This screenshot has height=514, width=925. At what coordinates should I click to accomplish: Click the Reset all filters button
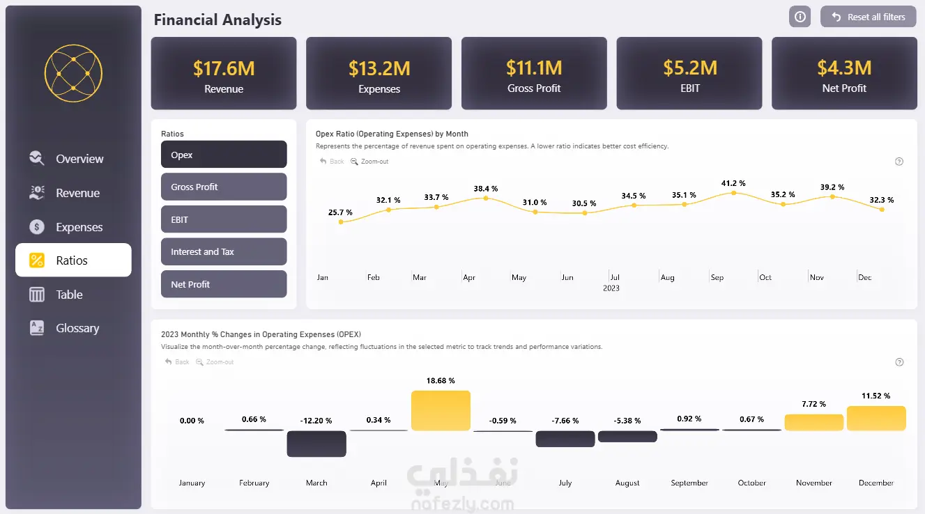click(x=868, y=17)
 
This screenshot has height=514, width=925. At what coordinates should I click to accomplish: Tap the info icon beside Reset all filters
click(x=800, y=17)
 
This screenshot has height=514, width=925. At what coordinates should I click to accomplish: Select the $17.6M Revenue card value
click(x=224, y=68)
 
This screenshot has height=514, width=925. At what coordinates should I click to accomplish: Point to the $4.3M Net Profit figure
click(x=844, y=68)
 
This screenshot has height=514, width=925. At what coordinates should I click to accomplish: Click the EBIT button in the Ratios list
click(x=224, y=219)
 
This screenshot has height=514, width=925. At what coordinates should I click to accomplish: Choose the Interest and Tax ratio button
click(x=224, y=251)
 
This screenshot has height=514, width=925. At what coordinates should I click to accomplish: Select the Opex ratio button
click(x=224, y=155)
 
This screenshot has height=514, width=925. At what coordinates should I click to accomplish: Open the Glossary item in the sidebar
click(x=77, y=328)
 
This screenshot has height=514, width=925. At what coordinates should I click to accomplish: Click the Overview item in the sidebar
click(x=79, y=159)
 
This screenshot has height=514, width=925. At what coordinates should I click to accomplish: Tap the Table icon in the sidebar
click(x=37, y=295)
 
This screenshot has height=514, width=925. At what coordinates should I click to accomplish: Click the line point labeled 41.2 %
click(x=733, y=192)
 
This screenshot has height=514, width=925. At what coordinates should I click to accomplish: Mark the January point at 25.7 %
click(x=341, y=221)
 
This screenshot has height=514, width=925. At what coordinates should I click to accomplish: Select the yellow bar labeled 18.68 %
click(x=441, y=410)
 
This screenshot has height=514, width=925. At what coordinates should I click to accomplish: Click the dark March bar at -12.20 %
click(x=316, y=444)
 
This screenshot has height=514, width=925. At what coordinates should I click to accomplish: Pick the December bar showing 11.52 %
click(x=876, y=418)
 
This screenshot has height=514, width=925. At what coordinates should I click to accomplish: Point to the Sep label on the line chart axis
click(x=717, y=277)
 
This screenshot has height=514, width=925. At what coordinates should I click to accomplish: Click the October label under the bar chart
click(x=751, y=483)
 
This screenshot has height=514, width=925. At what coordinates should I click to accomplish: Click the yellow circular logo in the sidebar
click(x=73, y=73)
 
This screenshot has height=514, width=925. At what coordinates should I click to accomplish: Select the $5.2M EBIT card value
click(x=690, y=68)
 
